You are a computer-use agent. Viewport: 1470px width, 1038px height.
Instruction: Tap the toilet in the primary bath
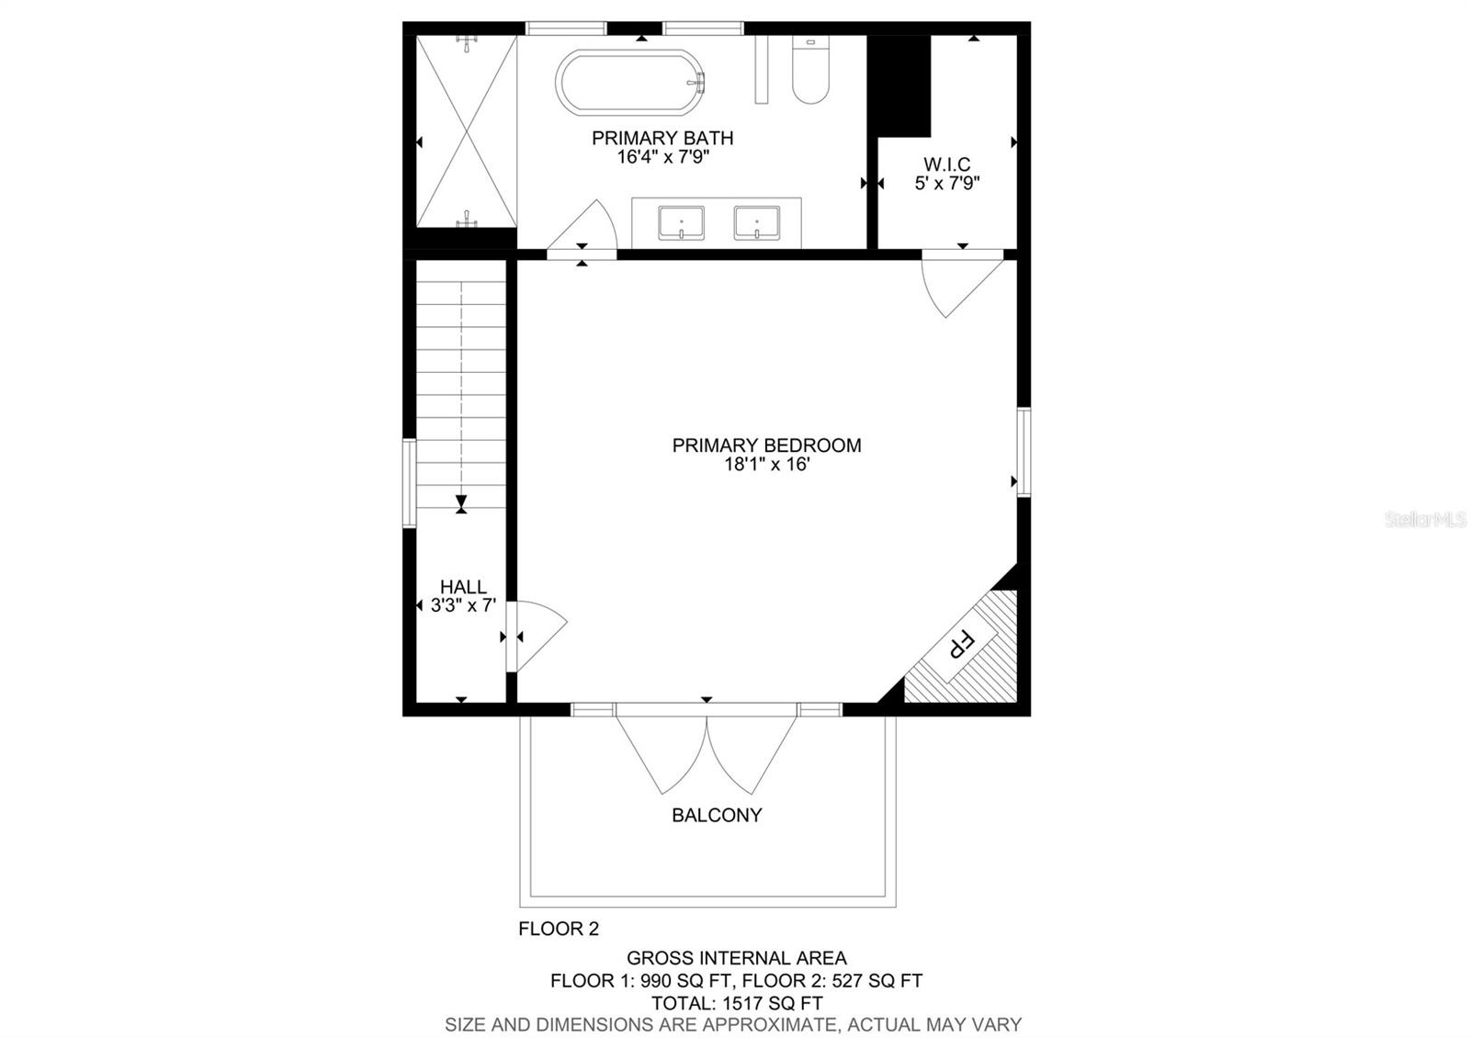coord(810,70)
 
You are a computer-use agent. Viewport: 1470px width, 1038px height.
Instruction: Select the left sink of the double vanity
coord(681,223)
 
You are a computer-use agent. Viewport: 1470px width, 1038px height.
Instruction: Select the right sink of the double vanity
coord(757,223)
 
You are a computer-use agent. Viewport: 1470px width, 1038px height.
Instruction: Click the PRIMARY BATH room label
coord(662,139)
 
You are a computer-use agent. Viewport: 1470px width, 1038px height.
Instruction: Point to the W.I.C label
coord(946,164)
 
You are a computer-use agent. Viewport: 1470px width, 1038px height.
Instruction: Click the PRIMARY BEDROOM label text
coord(766,446)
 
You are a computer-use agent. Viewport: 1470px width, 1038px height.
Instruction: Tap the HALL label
coord(463,587)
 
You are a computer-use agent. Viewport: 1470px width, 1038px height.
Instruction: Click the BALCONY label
coord(717,815)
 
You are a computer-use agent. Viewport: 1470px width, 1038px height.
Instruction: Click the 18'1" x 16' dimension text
coord(766,465)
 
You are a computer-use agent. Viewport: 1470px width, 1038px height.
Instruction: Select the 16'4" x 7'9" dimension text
coord(662,157)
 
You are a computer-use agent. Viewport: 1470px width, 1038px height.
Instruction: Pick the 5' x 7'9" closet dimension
coord(947,183)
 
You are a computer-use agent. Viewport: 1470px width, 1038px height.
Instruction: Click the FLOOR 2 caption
coord(559,929)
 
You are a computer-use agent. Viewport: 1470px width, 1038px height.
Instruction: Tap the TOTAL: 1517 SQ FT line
coord(736,1003)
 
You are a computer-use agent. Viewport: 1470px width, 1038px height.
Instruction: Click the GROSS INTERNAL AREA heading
coord(736,959)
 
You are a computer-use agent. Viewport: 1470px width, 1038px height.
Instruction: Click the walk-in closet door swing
coord(962,288)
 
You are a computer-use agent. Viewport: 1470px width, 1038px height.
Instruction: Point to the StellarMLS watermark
coord(1425,520)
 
